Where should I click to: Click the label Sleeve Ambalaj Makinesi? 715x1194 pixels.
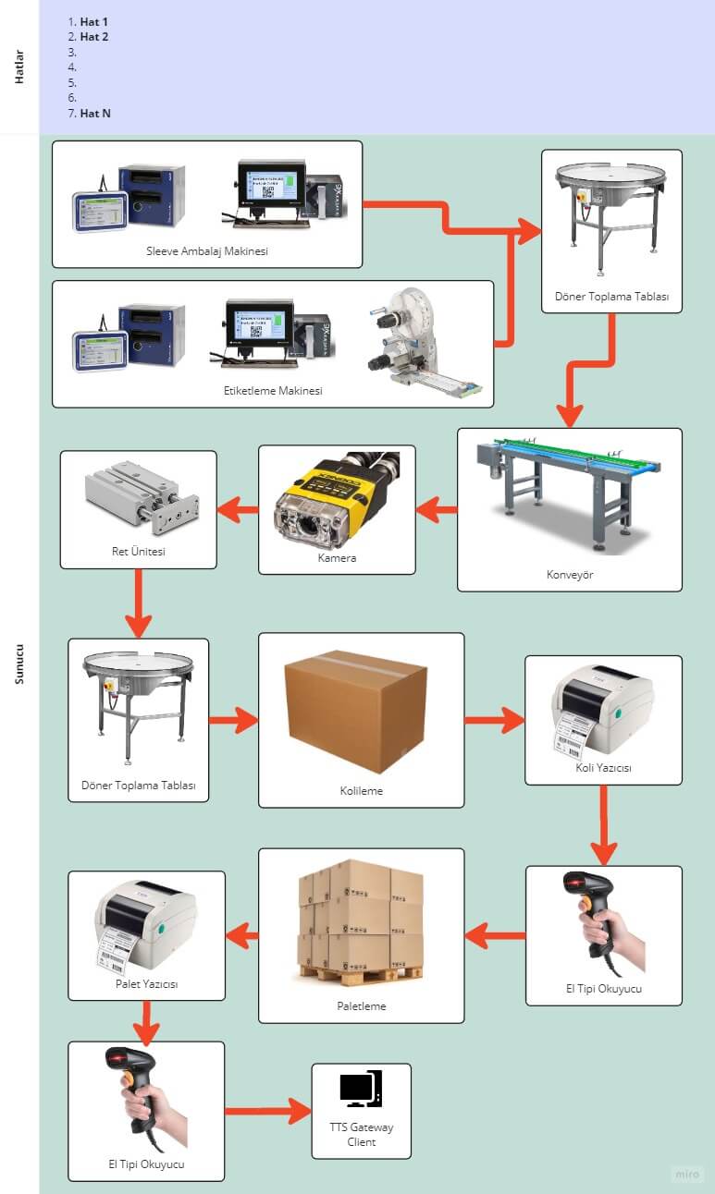tap(207, 250)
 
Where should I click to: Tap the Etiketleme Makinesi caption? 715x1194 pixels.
tap(273, 391)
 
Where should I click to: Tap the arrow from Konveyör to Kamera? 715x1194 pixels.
tap(436, 508)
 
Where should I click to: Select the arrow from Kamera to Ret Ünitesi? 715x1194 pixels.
tap(237, 506)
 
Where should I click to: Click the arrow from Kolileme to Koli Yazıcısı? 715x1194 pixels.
tap(494, 719)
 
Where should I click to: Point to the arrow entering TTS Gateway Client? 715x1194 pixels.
tap(268, 1111)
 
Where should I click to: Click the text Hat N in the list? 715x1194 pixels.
tap(95, 114)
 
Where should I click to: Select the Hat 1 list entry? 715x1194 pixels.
tap(94, 21)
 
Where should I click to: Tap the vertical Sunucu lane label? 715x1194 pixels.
tap(19, 663)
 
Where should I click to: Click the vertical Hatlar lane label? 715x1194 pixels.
tap(19, 67)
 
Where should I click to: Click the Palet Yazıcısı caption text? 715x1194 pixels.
tap(147, 984)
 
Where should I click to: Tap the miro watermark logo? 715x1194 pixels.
tap(686, 1175)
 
